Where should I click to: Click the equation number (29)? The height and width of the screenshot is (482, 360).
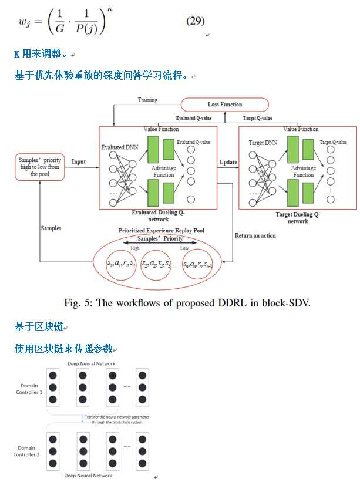point(195,21)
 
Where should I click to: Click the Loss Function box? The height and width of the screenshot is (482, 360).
point(224,105)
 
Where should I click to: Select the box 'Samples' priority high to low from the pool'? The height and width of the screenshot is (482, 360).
point(41,167)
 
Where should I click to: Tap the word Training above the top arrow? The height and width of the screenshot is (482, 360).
point(147,100)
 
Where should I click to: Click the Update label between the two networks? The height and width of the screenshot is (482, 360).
point(228,161)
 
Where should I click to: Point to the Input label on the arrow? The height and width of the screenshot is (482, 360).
point(78,161)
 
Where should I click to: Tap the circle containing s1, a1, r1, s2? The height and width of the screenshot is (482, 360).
point(121,265)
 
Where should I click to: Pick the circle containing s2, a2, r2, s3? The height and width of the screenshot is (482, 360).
point(157,265)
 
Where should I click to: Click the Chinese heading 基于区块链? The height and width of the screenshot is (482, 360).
point(39,326)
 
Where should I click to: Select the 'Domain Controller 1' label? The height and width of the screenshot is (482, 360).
point(29,390)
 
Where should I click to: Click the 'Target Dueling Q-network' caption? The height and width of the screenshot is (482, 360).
point(298,218)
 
